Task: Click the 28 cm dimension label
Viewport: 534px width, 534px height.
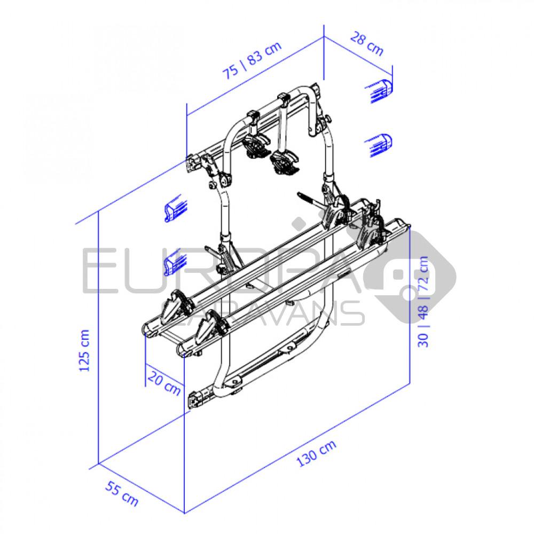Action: point(367,43)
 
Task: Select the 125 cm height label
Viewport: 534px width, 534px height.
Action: point(84,350)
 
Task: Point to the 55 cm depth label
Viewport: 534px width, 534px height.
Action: point(122,493)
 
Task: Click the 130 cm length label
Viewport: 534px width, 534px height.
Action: point(316,453)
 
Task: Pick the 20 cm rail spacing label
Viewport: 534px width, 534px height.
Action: point(164,383)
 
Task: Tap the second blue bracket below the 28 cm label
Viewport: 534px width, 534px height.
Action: point(379,145)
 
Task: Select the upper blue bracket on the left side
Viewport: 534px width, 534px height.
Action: point(176,208)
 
